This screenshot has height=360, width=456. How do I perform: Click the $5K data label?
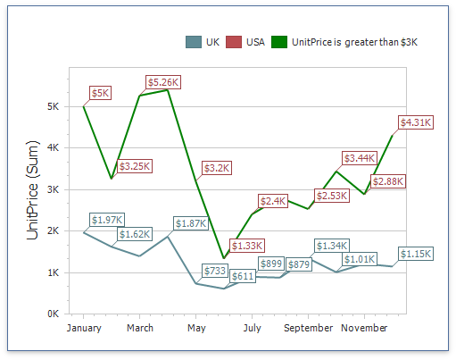point(100,93)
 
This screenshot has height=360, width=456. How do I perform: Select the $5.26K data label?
point(163,82)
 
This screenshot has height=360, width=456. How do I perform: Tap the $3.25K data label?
point(136,165)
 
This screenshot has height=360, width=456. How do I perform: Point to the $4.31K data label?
point(416,121)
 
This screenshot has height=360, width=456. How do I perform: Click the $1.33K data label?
point(246,246)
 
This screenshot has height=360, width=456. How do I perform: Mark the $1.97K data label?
point(106,220)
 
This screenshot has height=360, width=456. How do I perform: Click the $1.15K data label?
point(415,254)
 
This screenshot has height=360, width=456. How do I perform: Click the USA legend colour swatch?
point(233,42)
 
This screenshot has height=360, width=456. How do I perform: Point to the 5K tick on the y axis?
point(53,106)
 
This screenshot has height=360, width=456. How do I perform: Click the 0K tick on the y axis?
point(53,314)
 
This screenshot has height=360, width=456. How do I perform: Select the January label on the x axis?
point(84,328)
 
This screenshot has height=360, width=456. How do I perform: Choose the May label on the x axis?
point(196,328)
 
